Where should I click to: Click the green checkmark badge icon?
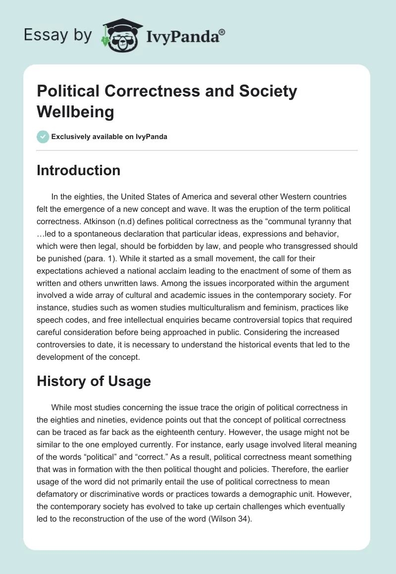pos(43,137)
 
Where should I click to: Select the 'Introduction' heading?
pos(78,170)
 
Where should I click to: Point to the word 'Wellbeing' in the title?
pos(75,112)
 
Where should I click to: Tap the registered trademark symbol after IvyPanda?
pos(222,32)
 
